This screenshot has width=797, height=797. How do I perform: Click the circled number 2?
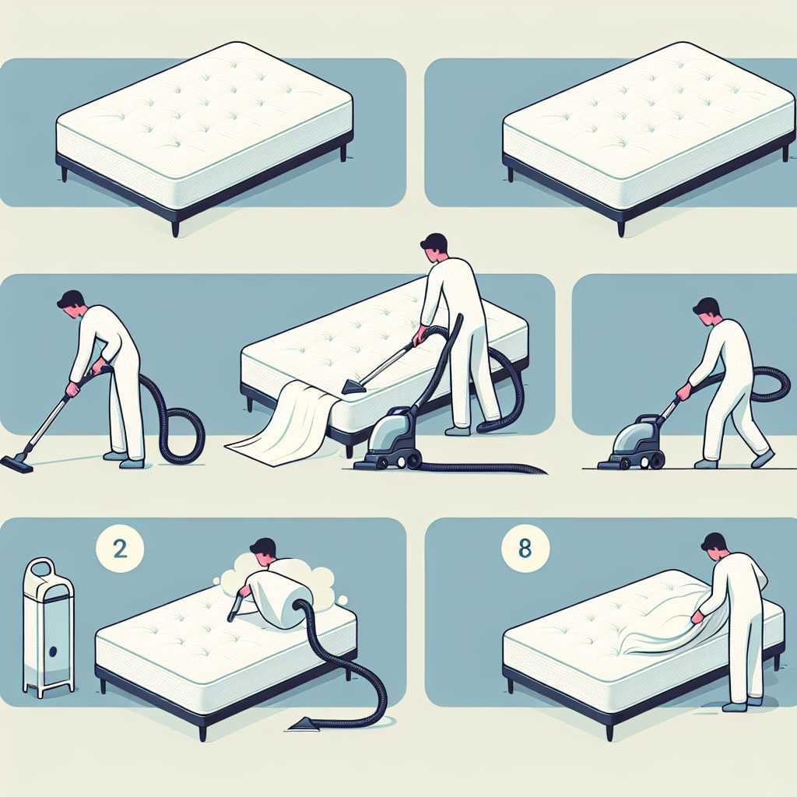coord(120,549)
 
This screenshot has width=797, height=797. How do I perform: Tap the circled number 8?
coord(525,549)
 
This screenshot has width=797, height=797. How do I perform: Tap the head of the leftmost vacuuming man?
coord(71,304)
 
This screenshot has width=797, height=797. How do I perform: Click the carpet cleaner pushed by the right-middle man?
coord(631,442)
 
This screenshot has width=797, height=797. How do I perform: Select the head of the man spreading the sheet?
coord(714,547)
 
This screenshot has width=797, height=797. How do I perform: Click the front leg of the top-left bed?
coord(175,228)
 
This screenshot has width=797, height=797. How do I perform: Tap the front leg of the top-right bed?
coord(621,229)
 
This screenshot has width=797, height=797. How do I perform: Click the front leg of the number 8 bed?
coord(609,731)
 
